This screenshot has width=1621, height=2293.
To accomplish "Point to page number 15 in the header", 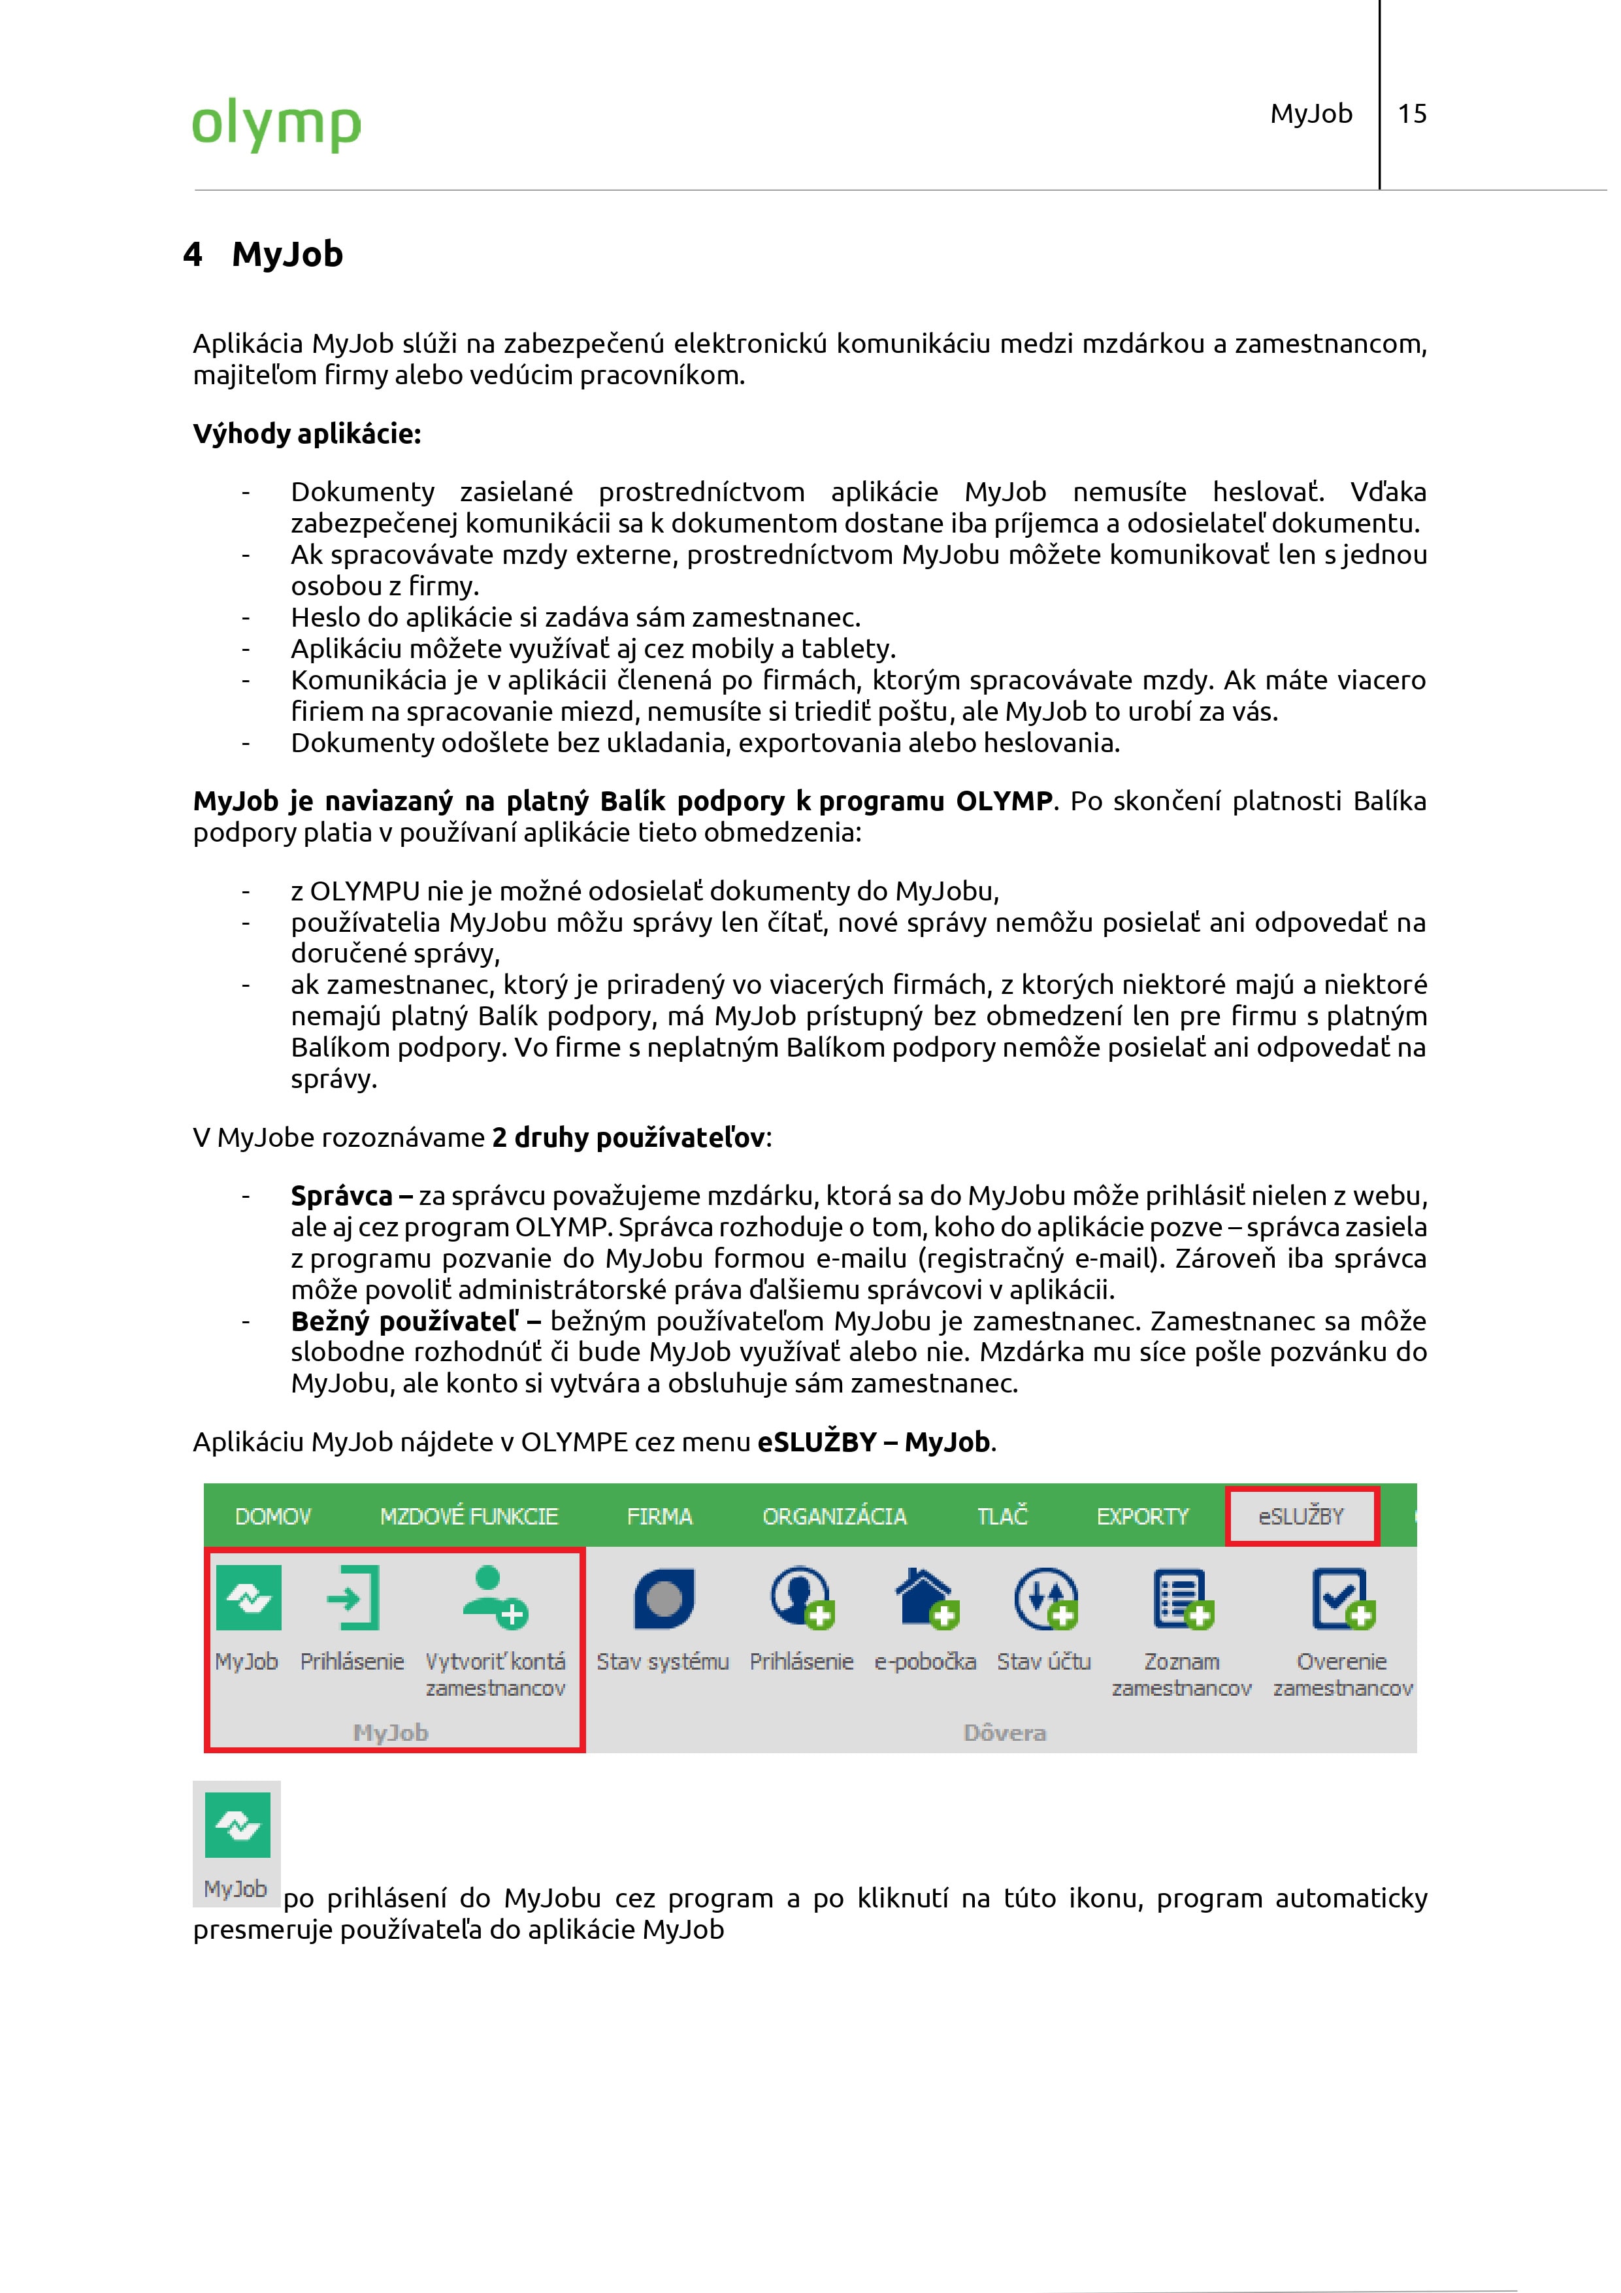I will point(1411,114).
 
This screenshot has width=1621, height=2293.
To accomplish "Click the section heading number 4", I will point(193,255).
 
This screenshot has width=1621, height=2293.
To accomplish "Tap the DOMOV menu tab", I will point(272,1516).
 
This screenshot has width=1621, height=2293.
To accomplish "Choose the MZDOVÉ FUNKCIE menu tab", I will point(468,1516).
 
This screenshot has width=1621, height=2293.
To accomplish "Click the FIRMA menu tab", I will point(659,1516).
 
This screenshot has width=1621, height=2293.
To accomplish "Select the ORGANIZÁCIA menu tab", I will point(834,1516).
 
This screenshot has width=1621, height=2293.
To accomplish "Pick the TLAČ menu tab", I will point(1002,1516).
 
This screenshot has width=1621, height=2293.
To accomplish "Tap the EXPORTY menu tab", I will point(1143,1516).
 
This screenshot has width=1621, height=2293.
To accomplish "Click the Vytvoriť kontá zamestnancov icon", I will point(495,1598).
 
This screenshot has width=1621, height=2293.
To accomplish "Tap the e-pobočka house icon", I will point(926,1598).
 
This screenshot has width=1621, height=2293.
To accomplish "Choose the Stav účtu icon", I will point(1045,1598).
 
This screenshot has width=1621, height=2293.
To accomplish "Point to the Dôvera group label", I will point(1004,1733).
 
